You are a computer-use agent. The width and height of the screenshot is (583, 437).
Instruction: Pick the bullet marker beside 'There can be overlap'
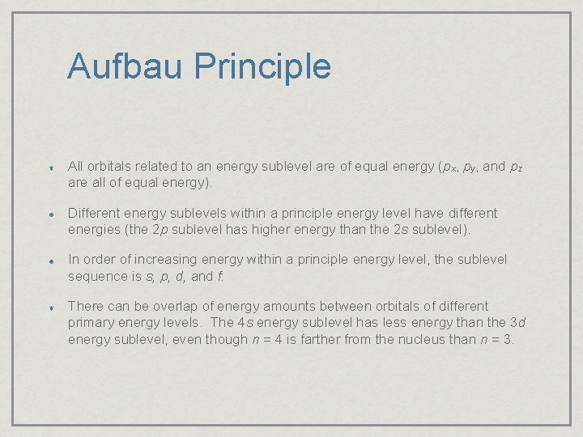(50, 308)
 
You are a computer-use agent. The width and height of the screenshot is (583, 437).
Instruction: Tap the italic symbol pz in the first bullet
(515, 168)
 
